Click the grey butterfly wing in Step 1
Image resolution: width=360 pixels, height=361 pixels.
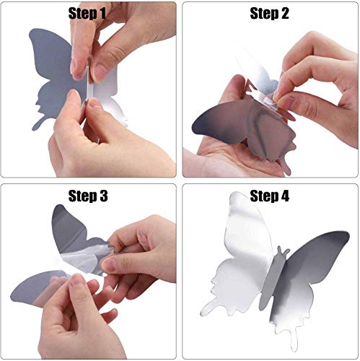[51, 79]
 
